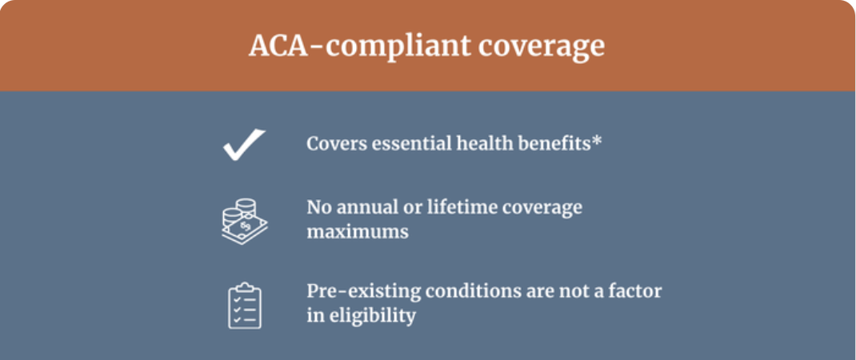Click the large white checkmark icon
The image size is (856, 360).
point(244,144)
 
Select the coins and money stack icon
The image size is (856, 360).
point(245,222)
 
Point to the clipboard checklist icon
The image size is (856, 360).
point(245,306)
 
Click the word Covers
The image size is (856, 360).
point(336,144)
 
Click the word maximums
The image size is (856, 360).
point(358,232)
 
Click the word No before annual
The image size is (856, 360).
point(320,208)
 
